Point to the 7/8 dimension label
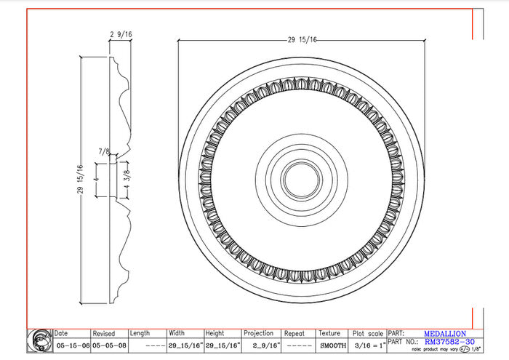(105, 152)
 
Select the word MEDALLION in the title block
(445, 333)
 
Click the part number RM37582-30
(449, 341)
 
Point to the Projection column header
(258, 333)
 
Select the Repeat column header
(294, 333)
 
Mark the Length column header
(140, 333)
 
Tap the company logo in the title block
(39, 340)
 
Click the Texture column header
(329, 333)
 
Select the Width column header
(177, 333)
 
